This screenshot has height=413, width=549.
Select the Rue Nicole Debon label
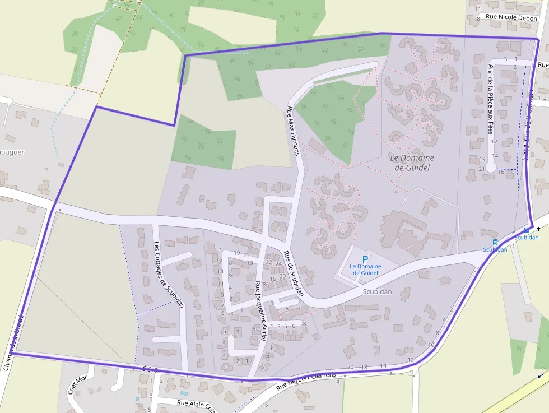click(511, 18)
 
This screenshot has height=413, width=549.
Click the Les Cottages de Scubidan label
click(169, 275)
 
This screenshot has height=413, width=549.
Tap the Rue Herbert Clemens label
click(306, 381)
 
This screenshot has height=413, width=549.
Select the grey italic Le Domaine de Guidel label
click(412, 163)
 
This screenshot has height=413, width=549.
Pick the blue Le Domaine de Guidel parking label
click(365, 270)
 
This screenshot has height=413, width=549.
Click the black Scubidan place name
click(377, 292)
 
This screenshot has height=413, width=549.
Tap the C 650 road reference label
click(150, 370)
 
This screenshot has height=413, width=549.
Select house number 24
click(278, 263)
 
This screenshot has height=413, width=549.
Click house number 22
click(269, 263)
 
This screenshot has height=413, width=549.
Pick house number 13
click(220, 271)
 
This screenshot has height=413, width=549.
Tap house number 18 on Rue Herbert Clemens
click(364, 368)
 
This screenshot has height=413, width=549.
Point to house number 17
click(219, 248)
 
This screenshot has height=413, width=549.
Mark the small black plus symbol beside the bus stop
click(538, 229)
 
